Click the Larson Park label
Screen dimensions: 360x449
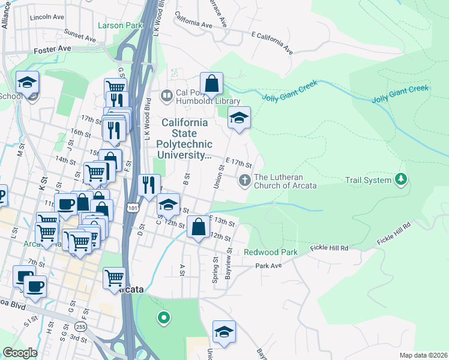(x=120, y=26)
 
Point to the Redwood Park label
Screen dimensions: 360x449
(x=271, y=253)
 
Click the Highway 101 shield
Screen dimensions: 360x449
(x=133, y=208)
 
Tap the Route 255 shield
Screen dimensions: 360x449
(x=80, y=326)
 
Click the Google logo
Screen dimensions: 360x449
(x=20, y=353)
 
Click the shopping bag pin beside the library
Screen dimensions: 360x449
(x=211, y=83)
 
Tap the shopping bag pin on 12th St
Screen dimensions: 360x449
(x=198, y=227)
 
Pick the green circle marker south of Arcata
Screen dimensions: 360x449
(x=162, y=317)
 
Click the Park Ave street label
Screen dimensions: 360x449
(x=268, y=265)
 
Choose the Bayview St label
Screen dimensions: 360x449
(x=228, y=267)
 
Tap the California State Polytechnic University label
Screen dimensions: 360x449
(x=184, y=139)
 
